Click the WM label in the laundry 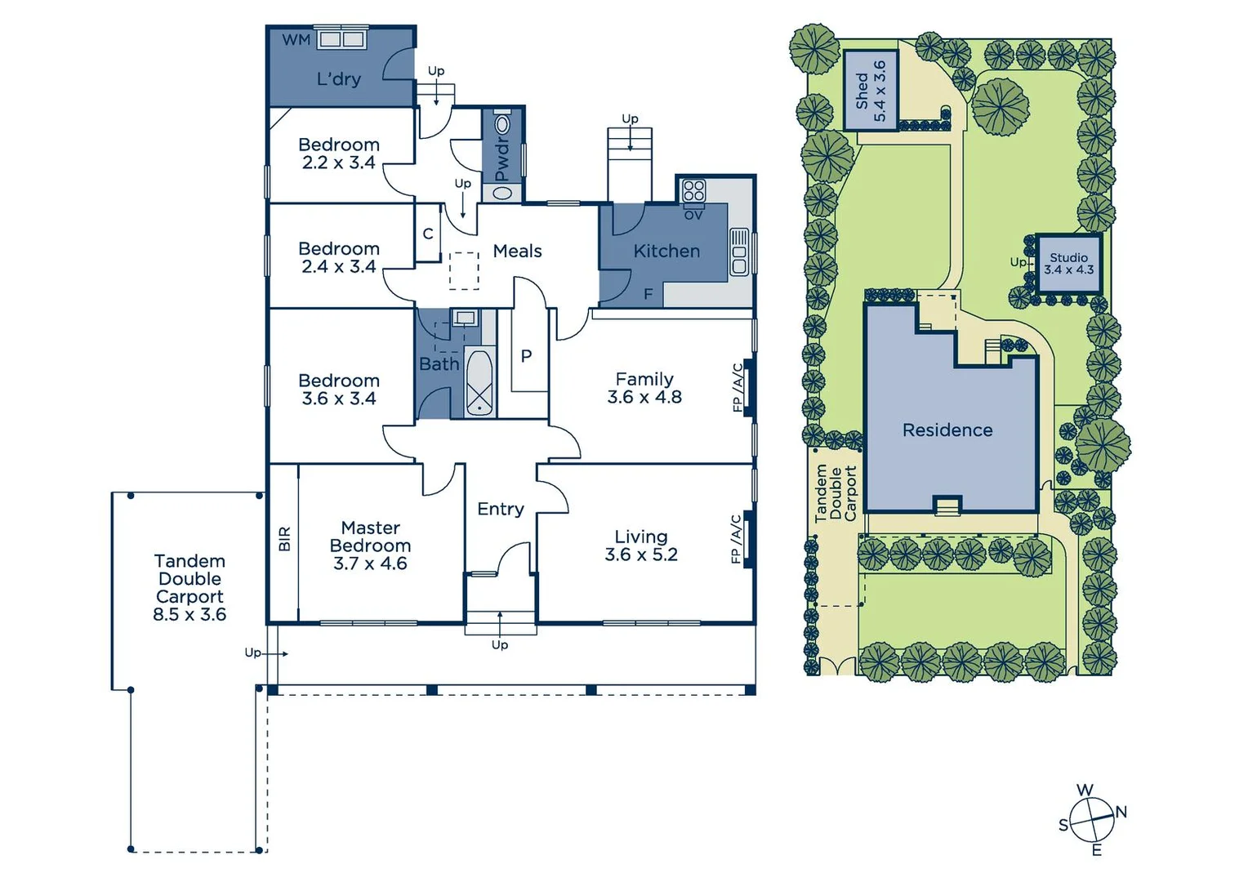tap(296, 40)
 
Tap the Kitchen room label tap(666, 252)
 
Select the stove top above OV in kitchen tap(693, 191)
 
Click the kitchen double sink tap(739, 252)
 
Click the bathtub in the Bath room tap(479, 384)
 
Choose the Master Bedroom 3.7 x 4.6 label tap(370, 546)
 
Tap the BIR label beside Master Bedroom tap(284, 539)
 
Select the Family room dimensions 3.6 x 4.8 tap(644, 398)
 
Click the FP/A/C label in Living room tap(736, 539)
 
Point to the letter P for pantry tap(526, 356)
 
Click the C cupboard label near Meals tap(427, 234)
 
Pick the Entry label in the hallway tap(500, 510)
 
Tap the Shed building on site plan tap(870, 90)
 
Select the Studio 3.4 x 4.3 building tap(1068, 264)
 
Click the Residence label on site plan tap(947, 430)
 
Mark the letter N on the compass tap(1121, 812)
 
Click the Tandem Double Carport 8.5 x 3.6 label tap(189, 588)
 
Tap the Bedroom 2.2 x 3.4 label tap(338, 154)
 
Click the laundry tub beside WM tap(341, 40)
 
